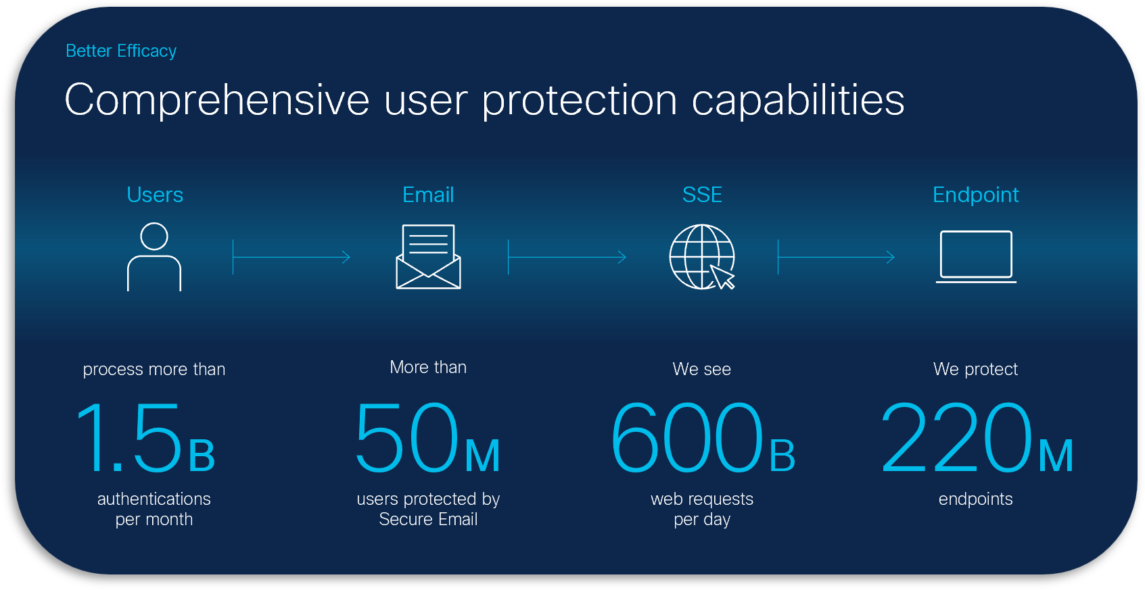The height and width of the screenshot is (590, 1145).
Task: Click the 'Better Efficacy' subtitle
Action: tap(121, 51)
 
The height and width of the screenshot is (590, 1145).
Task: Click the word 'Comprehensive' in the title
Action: tap(216, 101)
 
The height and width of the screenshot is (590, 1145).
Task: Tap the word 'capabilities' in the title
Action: tap(798, 101)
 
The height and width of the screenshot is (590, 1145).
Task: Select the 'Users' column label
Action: tap(155, 195)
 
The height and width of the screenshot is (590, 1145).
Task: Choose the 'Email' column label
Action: tap(428, 195)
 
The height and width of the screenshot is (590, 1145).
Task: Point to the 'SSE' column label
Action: tap(702, 195)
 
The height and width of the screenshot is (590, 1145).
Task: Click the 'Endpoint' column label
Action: tap(975, 195)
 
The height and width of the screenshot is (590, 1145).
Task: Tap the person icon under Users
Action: tap(154, 257)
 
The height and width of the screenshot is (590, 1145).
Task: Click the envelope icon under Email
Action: tap(428, 257)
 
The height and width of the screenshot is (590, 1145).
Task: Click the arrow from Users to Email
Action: tap(291, 257)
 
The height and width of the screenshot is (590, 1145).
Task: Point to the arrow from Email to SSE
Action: tap(567, 257)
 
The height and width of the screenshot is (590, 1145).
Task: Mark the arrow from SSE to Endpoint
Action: tap(836, 257)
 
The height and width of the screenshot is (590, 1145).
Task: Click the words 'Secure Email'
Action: tap(428, 520)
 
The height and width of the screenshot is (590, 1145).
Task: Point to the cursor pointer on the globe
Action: tap(722, 276)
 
